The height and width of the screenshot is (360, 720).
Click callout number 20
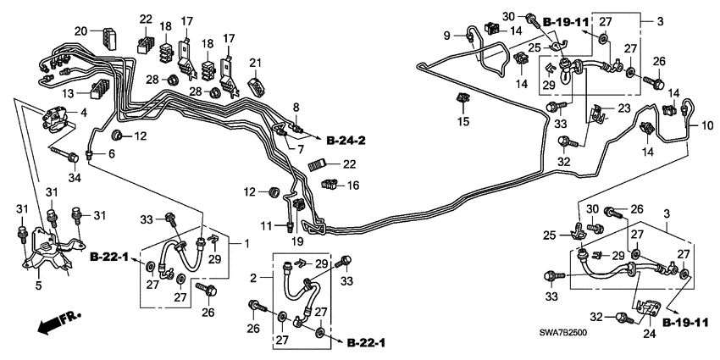pyautogui.click(x=80, y=31)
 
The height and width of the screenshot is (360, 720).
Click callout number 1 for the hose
pyautogui.click(x=246, y=244)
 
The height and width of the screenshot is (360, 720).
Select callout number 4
pyautogui.click(x=83, y=112)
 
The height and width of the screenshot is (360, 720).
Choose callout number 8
pyautogui.click(x=296, y=106)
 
